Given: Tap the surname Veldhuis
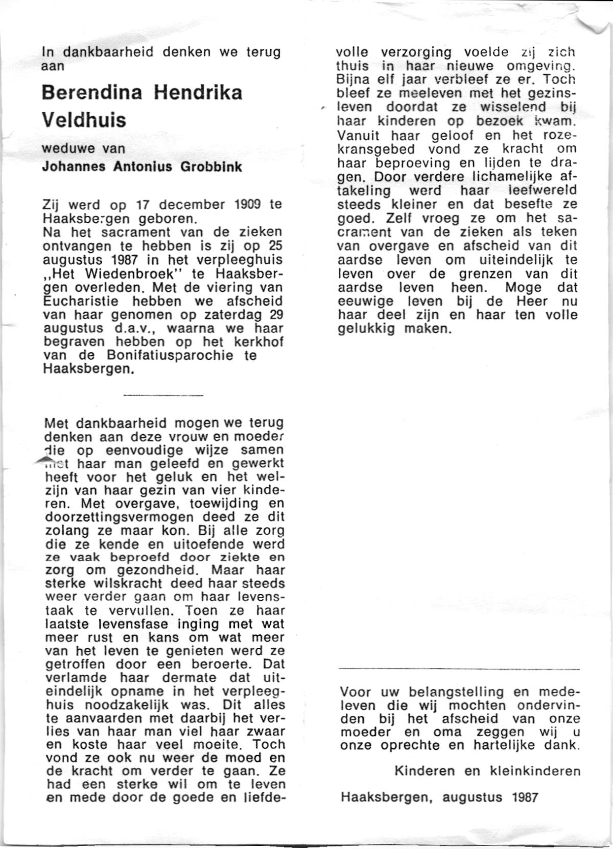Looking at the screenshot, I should (83, 120).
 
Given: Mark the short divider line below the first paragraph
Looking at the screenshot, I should (163, 395).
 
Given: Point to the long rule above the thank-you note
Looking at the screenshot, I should (459, 668).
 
